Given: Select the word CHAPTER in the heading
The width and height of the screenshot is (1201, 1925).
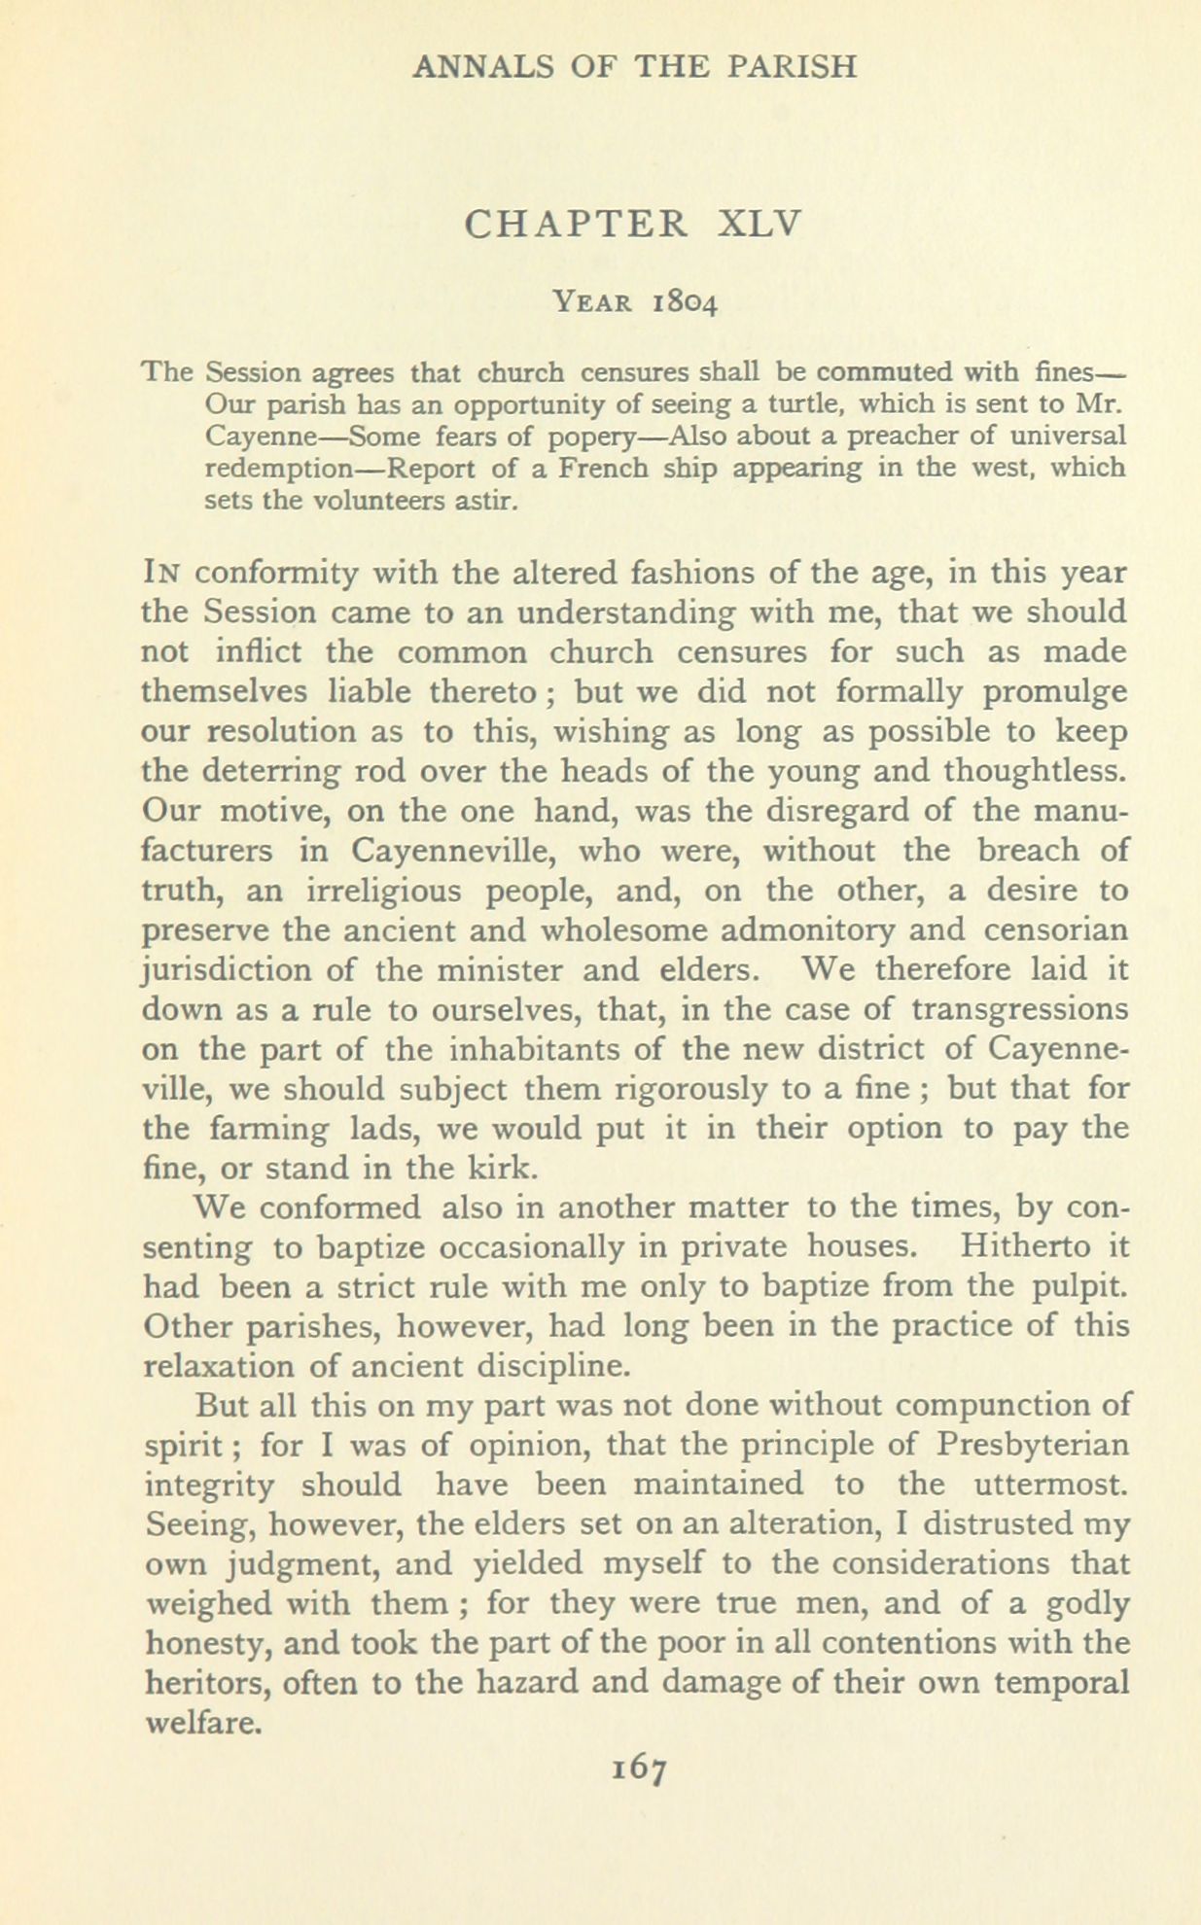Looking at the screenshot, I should point(577,225).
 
